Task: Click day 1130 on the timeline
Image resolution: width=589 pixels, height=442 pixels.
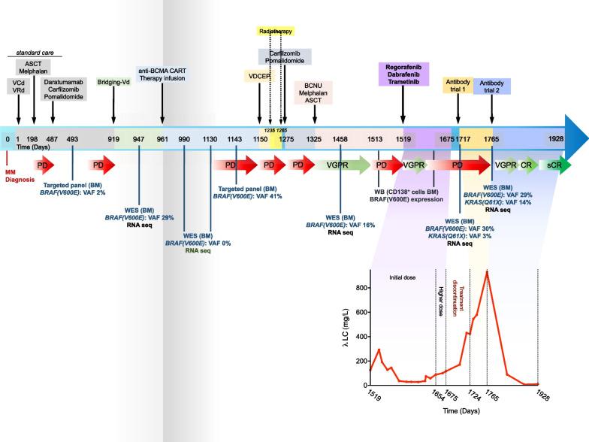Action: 210,139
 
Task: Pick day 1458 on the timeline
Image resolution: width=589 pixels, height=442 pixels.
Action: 340,139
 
